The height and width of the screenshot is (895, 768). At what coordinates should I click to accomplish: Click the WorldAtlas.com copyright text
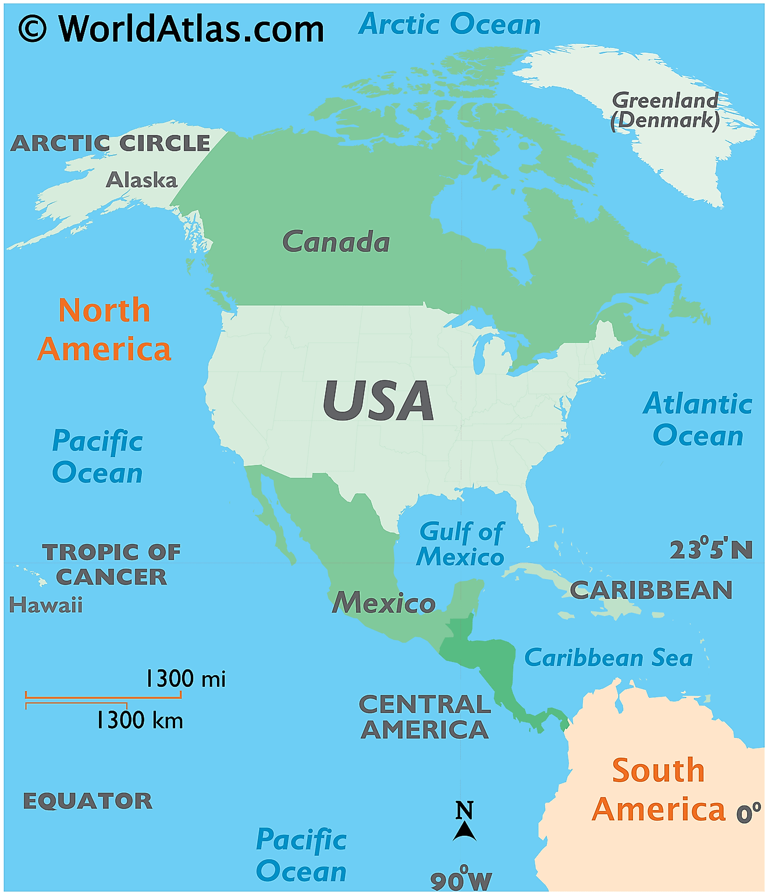(x=171, y=28)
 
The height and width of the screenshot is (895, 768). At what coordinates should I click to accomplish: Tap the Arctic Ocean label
(x=449, y=24)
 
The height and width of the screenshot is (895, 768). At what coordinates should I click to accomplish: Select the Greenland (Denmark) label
(x=665, y=110)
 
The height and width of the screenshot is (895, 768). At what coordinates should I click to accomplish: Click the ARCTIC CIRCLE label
(x=110, y=143)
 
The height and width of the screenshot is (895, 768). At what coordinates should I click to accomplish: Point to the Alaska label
(x=141, y=180)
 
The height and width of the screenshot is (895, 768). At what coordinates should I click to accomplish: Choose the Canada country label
(x=336, y=242)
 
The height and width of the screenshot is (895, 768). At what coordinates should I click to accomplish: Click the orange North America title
(x=104, y=330)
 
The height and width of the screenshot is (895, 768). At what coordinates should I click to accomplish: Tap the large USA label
(x=378, y=401)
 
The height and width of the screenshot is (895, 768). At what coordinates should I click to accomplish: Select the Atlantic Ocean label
(x=698, y=420)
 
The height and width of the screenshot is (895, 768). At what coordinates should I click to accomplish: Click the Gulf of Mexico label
(x=461, y=544)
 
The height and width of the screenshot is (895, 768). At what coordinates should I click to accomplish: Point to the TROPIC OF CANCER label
(x=111, y=564)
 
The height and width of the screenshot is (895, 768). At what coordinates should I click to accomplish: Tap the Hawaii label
(x=46, y=605)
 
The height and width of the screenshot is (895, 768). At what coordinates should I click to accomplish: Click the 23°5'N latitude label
(x=711, y=549)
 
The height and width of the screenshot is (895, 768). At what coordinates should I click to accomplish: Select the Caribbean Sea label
(x=608, y=658)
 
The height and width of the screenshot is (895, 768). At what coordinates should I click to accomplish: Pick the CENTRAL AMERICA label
(x=425, y=717)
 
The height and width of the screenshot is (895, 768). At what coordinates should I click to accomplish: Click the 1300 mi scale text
(x=185, y=679)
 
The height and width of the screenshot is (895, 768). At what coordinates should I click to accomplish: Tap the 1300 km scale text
(x=140, y=721)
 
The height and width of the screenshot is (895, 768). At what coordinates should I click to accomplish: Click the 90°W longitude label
(x=461, y=880)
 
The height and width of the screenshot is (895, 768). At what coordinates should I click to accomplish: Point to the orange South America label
(x=659, y=790)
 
